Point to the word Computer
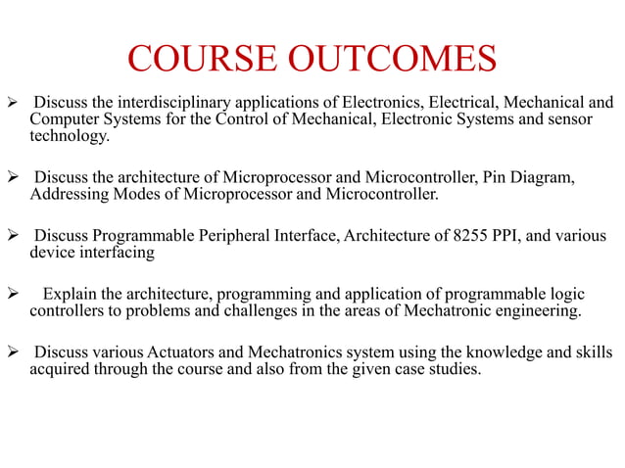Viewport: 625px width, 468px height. pos(61,119)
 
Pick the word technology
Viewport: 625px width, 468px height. pos(70,137)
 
